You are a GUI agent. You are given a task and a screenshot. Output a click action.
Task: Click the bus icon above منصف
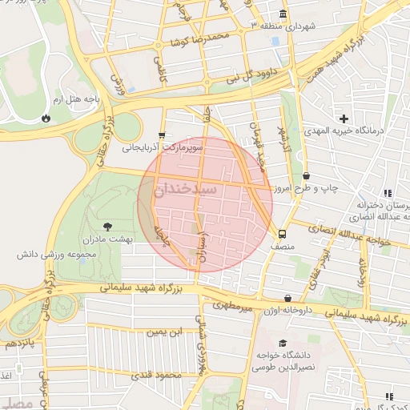[x=282, y=235]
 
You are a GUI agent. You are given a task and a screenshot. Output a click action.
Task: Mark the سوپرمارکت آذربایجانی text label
[x=162, y=148]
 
